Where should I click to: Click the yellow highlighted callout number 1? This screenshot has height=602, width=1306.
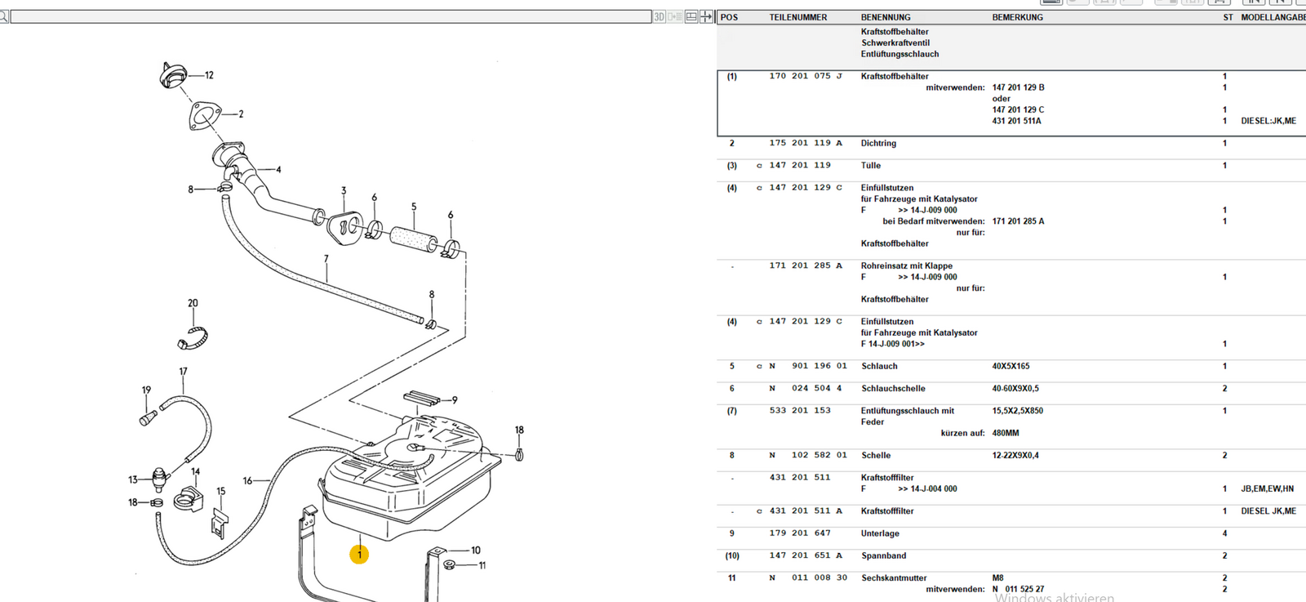coord(359,555)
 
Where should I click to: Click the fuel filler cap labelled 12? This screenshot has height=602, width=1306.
coord(172,75)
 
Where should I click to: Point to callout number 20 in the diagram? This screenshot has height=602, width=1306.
coord(193,303)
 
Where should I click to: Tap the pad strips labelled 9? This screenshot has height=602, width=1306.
coord(421,398)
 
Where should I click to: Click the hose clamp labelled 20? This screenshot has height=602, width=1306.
coord(193,336)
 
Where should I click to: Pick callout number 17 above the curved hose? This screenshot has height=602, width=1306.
coord(183,372)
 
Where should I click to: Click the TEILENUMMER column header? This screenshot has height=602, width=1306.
coord(797,17)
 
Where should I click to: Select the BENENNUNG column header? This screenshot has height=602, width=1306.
coord(886,17)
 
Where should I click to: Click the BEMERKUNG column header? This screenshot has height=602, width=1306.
coord(1017,17)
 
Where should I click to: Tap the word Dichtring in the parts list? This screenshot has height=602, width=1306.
coord(878,143)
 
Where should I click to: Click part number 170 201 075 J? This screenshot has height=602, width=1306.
coord(805,76)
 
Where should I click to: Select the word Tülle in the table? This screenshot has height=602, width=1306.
coord(871,165)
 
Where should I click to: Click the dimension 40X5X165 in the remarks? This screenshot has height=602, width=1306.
coord(1011,366)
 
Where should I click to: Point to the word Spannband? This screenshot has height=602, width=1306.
coord(883,555)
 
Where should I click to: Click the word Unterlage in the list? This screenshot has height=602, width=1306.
coord(880,533)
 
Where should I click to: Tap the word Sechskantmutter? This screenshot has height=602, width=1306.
coord(894,577)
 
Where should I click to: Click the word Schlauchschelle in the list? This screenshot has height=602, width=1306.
coord(893,389)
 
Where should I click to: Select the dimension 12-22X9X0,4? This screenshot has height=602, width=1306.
coord(1015,455)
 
